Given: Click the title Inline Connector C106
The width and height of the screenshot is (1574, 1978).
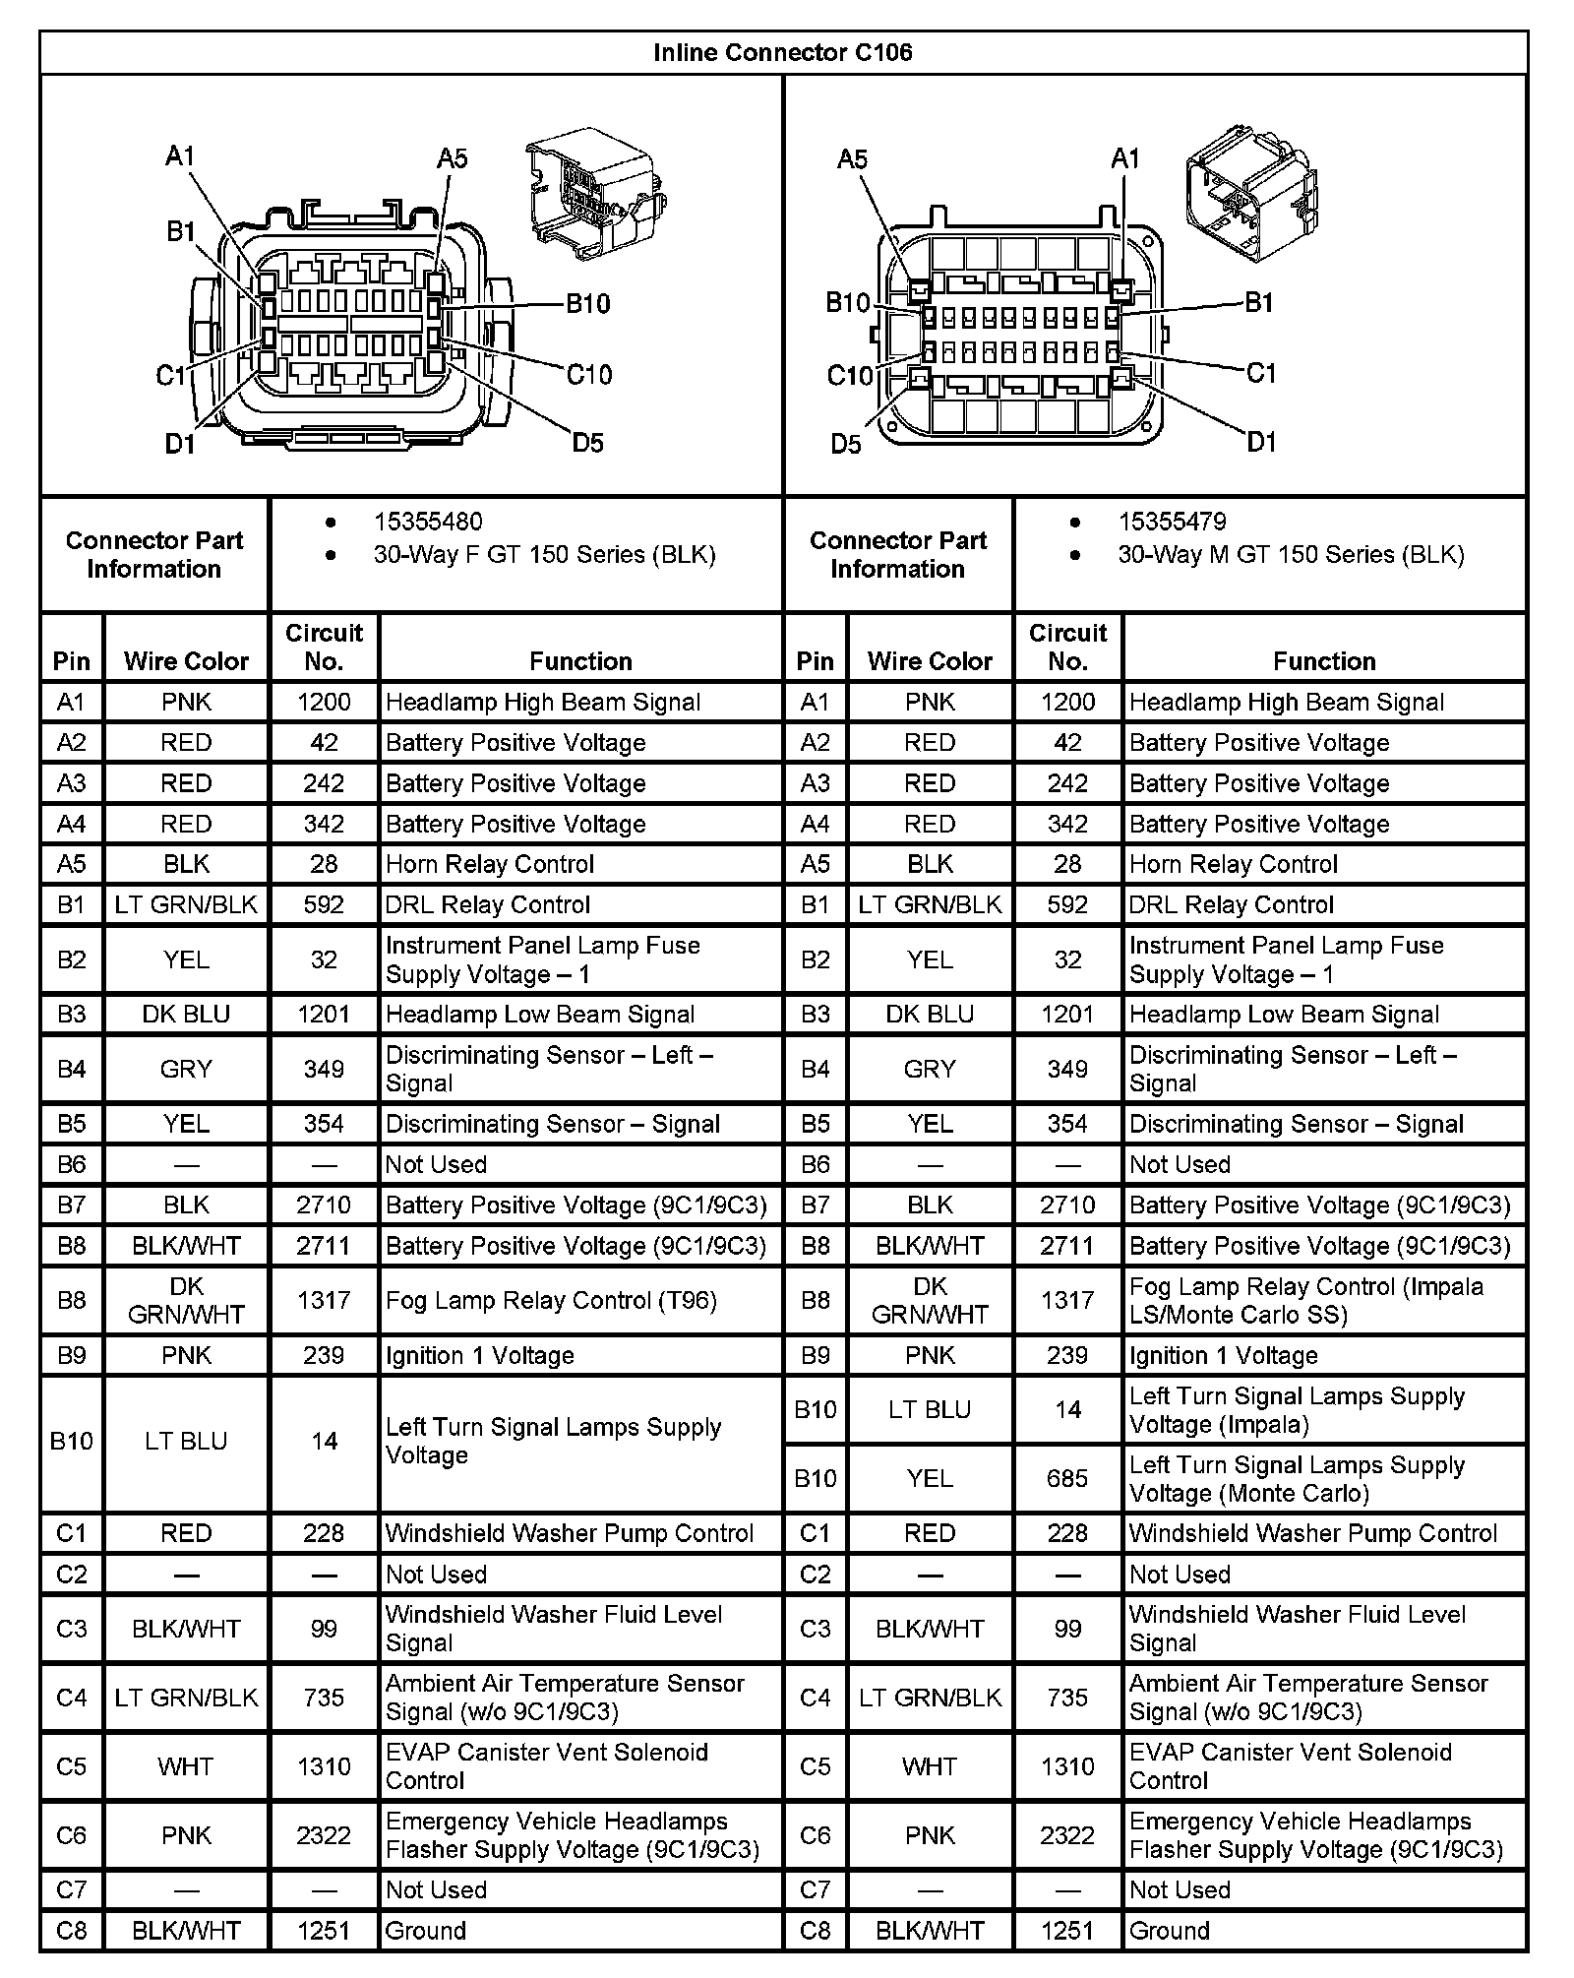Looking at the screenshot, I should click(x=782, y=52).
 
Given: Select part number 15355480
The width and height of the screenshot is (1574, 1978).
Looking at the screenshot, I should click(x=428, y=522).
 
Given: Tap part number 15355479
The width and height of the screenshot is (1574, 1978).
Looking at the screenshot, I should click(x=1172, y=522).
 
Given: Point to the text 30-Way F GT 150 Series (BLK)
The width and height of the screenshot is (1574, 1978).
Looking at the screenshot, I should click(x=544, y=555).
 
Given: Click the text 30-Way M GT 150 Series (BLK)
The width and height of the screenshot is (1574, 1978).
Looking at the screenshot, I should click(x=1291, y=555).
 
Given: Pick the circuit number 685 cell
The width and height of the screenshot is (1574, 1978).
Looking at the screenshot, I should click(x=1067, y=1478).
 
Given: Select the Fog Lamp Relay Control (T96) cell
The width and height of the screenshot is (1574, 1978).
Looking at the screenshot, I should click(x=551, y=1300).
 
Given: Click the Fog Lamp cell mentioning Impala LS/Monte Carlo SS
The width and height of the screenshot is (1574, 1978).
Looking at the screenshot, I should click(x=1305, y=1300).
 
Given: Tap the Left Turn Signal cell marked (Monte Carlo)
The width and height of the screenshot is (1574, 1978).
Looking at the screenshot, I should click(x=1297, y=1478).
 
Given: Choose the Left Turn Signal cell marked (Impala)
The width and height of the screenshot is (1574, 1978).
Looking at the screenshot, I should click(x=1297, y=1409).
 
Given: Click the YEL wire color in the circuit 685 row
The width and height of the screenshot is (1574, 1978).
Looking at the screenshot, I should click(x=930, y=1478).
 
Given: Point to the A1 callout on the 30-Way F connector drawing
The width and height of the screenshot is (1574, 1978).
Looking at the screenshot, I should click(x=180, y=155).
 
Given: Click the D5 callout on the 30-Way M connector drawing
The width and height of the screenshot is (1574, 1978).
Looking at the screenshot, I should click(x=846, y=445).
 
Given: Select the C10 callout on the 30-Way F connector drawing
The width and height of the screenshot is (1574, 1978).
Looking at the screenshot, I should click(x=589, y=374).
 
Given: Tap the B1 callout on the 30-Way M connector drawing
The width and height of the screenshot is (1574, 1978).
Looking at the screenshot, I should click(x=1260, y=303).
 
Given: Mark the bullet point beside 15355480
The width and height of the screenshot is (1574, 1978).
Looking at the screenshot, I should click(x=331, y=523).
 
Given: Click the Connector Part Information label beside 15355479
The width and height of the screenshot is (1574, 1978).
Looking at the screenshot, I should click(x=897, y=554).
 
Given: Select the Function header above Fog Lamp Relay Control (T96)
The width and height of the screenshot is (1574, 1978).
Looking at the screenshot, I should click(x=580, y=661).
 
